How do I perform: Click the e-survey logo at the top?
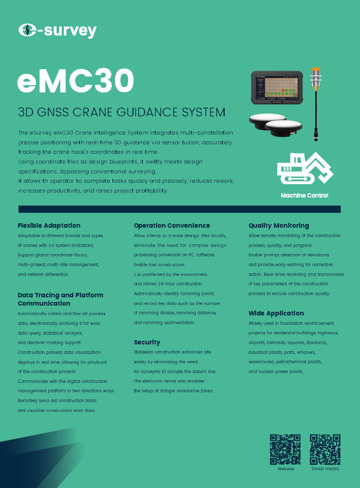[x=58, y=30]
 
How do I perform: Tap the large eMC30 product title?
[x=75, y=80]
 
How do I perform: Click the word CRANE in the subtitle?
[x=93, y=112]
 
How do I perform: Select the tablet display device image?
[x=277, y=87]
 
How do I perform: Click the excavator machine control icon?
[x=305, y=168]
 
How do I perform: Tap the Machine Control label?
[x=304, y=195]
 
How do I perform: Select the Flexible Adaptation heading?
[x=49, y=226]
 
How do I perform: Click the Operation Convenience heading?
[x=172, y=226]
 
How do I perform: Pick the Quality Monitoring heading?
[x=279, y=226]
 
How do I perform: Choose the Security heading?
[x=147, y=343]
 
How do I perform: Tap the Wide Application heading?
[x=276, y=313]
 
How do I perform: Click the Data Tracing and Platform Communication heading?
[x=61, y=299]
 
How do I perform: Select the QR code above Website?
[x=285, y=449]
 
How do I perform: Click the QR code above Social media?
[x=325, y=449]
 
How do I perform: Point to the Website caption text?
[x=286, y=469]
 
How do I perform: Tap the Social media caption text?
[x=325, y=469]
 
